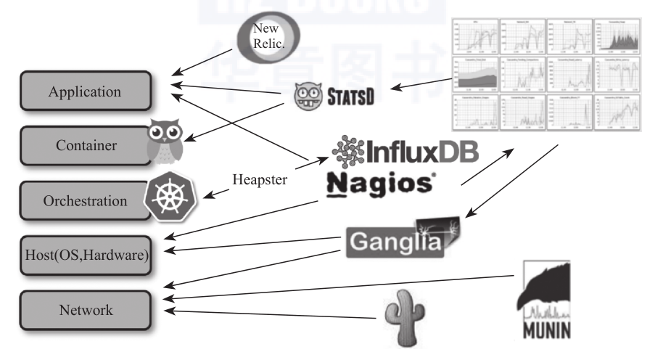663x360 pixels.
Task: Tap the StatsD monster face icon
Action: [308, 95]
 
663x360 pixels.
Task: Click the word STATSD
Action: [352, 95]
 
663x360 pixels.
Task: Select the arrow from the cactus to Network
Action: [276, 314]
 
